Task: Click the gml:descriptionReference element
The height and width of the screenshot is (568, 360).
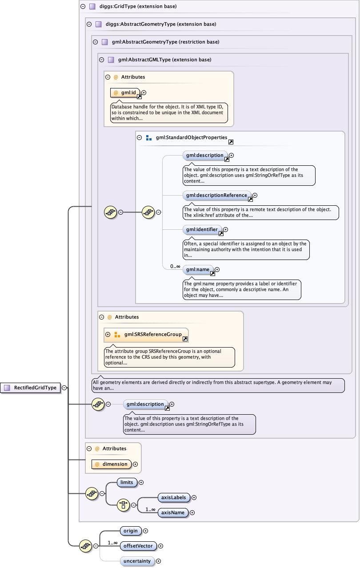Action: tap(217, 195)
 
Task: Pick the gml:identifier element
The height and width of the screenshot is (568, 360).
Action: tap(202, 230)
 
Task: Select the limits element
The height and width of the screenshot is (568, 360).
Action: tap(127, 482)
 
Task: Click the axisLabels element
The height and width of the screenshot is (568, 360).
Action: tap(174, 497)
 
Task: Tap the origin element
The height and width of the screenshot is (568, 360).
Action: tap(131, 531)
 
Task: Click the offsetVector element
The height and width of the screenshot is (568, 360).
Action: tap(138, 546)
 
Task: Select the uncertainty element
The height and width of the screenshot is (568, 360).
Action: tap(137, 561)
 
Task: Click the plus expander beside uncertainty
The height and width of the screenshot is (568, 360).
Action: tap(158, 561)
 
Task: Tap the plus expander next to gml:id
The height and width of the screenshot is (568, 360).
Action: tap(144, 93)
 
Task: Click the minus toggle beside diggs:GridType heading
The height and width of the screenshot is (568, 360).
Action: tap(83, 7)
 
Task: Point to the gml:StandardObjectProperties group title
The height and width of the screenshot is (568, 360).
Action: tap(192, 138)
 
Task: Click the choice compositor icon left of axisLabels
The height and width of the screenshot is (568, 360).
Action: tap(123, 505)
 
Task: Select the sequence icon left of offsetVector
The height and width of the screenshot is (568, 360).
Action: tap(85, 546)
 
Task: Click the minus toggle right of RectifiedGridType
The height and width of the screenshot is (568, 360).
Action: tap(64, 388)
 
